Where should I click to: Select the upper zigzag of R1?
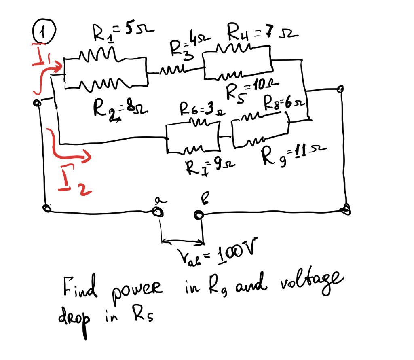pyautogui.click(x=95, y=54)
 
